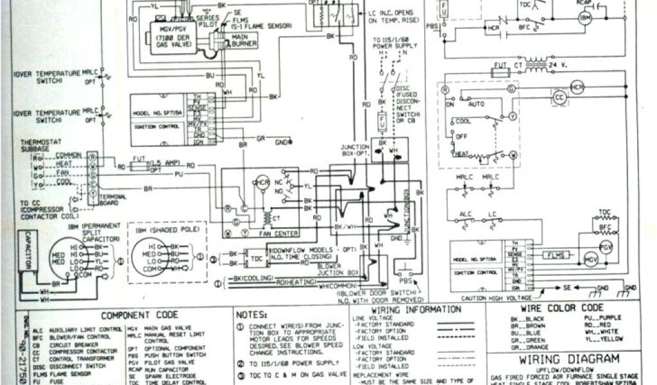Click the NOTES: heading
[x=251, y=316]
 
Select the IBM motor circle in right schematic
[x=584, y=19]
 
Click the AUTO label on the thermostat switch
[x=476, y=103]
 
